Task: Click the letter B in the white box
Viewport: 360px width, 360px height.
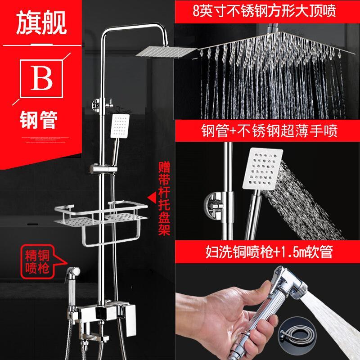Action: [41, 78]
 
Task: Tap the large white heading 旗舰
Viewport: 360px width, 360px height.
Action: [41, 23]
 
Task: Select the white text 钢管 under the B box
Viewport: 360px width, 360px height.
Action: [39, 120]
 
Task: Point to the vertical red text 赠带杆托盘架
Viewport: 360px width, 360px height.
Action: [164, 198]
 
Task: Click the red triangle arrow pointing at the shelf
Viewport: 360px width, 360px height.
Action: [152, 197]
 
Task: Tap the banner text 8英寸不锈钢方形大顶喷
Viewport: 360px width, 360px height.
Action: [265, 10]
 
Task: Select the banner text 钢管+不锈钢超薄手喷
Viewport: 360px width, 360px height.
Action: [270, 130]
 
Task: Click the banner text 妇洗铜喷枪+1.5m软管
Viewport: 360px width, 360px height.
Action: [269, 252]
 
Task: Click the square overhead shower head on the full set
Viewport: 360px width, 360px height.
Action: [166, 51]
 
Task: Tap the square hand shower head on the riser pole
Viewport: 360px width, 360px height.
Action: [120, 126]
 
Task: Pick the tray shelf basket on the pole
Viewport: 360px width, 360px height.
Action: [101, 213]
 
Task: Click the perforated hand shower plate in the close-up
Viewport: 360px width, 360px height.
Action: [263, 169]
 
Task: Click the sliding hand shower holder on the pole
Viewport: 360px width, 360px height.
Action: [103, 169]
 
